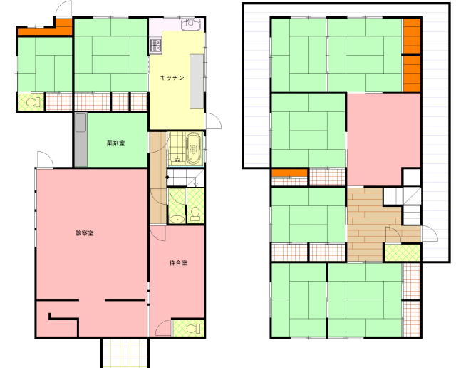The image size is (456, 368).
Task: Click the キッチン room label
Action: click(172, 78)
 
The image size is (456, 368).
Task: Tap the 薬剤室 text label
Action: click(115, 143)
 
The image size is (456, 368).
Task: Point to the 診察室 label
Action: click(85, 233)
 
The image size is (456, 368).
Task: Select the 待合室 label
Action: click(178, 263)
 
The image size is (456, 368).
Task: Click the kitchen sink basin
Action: click(191, 24)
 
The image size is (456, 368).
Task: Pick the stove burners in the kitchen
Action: click(155, 46)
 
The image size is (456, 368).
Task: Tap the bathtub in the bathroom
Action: click(193, 149)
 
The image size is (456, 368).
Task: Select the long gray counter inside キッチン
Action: click(197, 81)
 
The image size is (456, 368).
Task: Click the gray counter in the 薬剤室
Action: click(81, 140)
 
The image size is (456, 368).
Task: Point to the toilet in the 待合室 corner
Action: click(192, 329)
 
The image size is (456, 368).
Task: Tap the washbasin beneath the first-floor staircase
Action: click(177, 219)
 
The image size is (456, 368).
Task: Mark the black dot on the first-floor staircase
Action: click(167, 178)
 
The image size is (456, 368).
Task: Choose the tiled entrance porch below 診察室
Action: click(125, 353)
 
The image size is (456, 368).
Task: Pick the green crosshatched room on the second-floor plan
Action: click(403, 252)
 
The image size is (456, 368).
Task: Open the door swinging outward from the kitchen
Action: click(213, 121)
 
